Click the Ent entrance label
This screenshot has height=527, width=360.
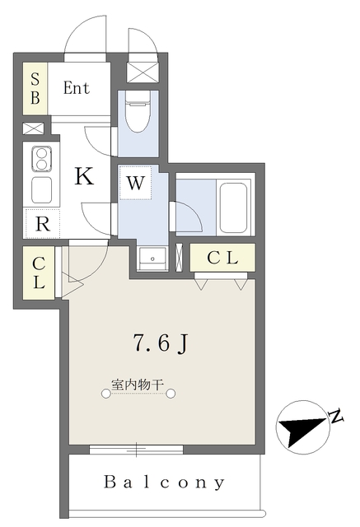point(77,88)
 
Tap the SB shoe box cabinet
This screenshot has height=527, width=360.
point(35,88)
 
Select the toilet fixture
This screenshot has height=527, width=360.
point(137,111)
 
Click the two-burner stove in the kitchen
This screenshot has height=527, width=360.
point(42,159)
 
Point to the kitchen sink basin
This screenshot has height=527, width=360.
point(42,190)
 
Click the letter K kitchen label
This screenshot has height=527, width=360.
point(84,176)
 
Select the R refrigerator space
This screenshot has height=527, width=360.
point(42,224)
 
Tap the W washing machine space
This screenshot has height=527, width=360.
point(136,183)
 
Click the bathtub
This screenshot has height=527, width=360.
point(234,207)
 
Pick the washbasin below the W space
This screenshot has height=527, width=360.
point(152,258)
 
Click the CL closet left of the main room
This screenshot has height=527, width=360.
point(39,273)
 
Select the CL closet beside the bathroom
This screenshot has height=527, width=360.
point(222,258)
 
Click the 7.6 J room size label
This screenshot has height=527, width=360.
point(160,343)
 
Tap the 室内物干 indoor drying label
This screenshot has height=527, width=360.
point(138,385)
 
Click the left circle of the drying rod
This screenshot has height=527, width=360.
point(106,394)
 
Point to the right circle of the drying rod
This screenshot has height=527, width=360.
point(171,394)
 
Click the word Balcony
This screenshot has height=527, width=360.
point(164,483)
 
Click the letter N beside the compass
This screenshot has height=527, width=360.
point(335,416)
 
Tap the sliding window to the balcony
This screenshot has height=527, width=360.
point(137,450)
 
